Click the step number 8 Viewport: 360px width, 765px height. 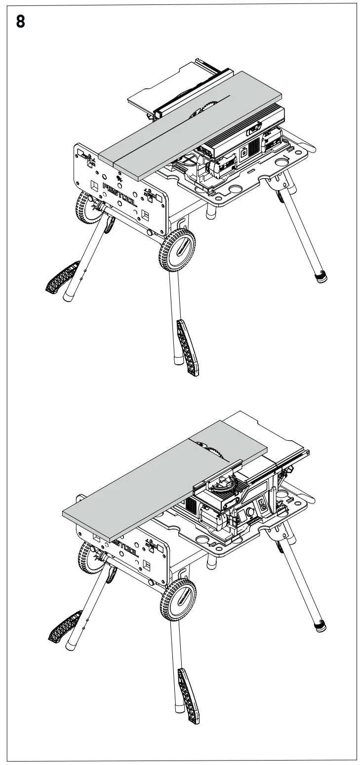coord(20,22)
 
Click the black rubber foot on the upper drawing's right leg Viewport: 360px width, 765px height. coord(321,276)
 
